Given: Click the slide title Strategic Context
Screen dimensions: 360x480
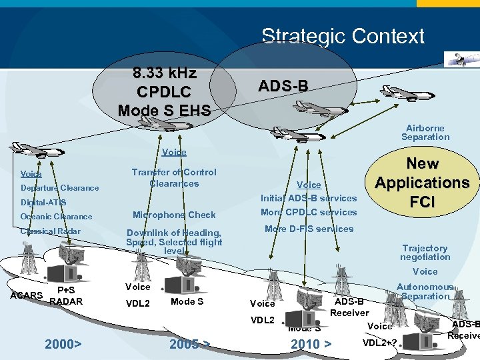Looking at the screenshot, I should pyautogui.click(x=343, y=36).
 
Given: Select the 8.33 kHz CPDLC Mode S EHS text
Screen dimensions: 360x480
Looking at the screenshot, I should pyautogui.click(x=163, y=91).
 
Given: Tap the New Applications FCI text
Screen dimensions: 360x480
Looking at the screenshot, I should pyautogui.click(x=422, y=183).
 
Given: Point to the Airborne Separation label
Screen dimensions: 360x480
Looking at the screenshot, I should pyautogui.click(x=425, y=133).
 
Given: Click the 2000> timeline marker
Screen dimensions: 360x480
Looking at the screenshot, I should pyautogui.click(x=63, y=345).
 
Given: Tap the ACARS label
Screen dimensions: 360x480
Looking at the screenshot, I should pyautogui.click(x=27, y=295).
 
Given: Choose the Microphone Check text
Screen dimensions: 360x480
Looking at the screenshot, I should pyautogui.click(x=174, y=215).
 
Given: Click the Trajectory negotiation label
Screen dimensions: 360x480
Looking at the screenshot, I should pyautogui.click(x=425, y=253).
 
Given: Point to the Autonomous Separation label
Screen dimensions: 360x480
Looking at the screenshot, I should pyautogui.click(x=425, y=291).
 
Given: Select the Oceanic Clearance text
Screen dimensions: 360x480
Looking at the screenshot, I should pyautogui.click(x=57, y=217).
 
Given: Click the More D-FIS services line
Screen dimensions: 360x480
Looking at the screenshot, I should pyautogui.click(x=309, y=229).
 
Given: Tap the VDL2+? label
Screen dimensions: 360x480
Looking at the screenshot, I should pyautogui.click(x=380, y=343).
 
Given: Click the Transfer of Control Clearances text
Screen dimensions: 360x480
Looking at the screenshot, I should pyautogui.click(x=174, y=178).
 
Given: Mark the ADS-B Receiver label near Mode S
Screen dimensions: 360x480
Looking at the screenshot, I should pyautogui.click(x=349, y=307).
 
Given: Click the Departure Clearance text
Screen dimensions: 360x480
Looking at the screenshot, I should pyautogui.click(x=59, y=188).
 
